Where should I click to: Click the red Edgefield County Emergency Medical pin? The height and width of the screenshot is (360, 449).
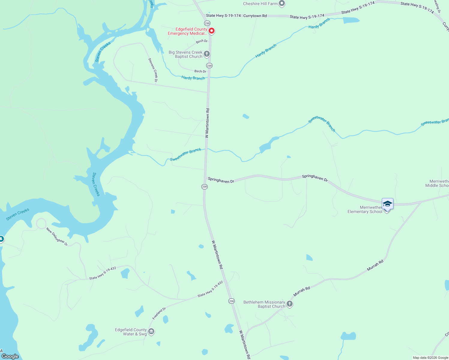click(x=212, y=31)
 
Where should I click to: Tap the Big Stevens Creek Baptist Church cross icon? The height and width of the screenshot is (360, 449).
click(x=207, y=54)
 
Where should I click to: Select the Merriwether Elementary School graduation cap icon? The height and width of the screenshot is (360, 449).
click(x=387, y=204)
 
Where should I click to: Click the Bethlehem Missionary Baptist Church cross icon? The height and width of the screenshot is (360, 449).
click(x=290, y=304)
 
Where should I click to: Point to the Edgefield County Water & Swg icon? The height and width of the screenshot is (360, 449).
click(x=151, y=331)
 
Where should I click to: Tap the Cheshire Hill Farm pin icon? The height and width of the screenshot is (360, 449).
click(x=282, y=4)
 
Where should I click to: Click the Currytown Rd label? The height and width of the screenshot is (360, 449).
click(x=255, y=16)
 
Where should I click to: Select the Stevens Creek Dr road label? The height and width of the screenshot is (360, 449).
click(x=153, y=70)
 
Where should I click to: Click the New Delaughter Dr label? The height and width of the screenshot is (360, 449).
click(x=57, y=237)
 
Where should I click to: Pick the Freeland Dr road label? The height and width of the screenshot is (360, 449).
click(x=159, y=313)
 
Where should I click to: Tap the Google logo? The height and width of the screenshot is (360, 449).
click(x=10, y=356)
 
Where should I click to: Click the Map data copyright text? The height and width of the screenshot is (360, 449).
click(x=430, y=358)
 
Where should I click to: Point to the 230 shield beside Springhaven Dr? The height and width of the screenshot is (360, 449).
click(x=204, y=187)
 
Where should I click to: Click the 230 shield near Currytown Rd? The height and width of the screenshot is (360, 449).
click(x=207, y=23)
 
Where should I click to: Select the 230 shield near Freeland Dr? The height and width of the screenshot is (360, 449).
click(x=231, y=301)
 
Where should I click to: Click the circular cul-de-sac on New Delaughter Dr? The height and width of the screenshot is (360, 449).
click(x=41, y=223)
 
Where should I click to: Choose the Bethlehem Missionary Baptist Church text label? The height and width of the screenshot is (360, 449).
click(x=264, y=304)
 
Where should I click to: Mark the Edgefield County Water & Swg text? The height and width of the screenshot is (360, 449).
click(x=131, y=332)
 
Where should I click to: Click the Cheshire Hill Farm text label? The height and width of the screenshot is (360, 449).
click(x=260, y=4)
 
